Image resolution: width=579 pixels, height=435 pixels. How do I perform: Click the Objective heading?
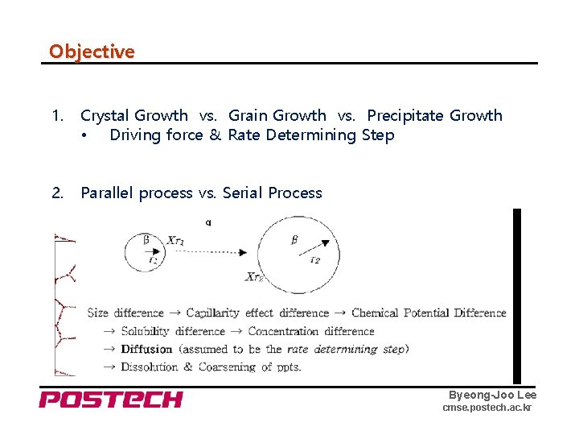pos(92,52)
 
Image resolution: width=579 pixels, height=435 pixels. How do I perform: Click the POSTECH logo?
pos(111,400)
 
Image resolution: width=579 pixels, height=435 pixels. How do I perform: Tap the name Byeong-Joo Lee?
pos(492,395)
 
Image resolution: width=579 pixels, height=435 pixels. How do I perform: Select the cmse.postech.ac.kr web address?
pos(487,408)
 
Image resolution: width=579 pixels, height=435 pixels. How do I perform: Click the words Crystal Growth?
pos(134,116)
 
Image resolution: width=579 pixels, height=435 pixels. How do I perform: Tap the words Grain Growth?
pos(277,116)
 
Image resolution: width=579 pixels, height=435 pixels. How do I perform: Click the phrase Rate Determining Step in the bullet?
pos(311,135)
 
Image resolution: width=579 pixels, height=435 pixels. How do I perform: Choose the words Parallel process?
pos(137,193)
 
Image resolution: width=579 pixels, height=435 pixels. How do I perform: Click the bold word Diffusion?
pos(146,349)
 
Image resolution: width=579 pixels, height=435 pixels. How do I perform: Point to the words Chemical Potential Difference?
pos(429,313)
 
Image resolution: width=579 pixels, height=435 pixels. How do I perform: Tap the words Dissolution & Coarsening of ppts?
pos(211,367)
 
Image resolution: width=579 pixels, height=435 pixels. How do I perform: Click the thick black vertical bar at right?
pos(517,296)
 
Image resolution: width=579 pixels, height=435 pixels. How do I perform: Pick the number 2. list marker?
pos(57,193)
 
